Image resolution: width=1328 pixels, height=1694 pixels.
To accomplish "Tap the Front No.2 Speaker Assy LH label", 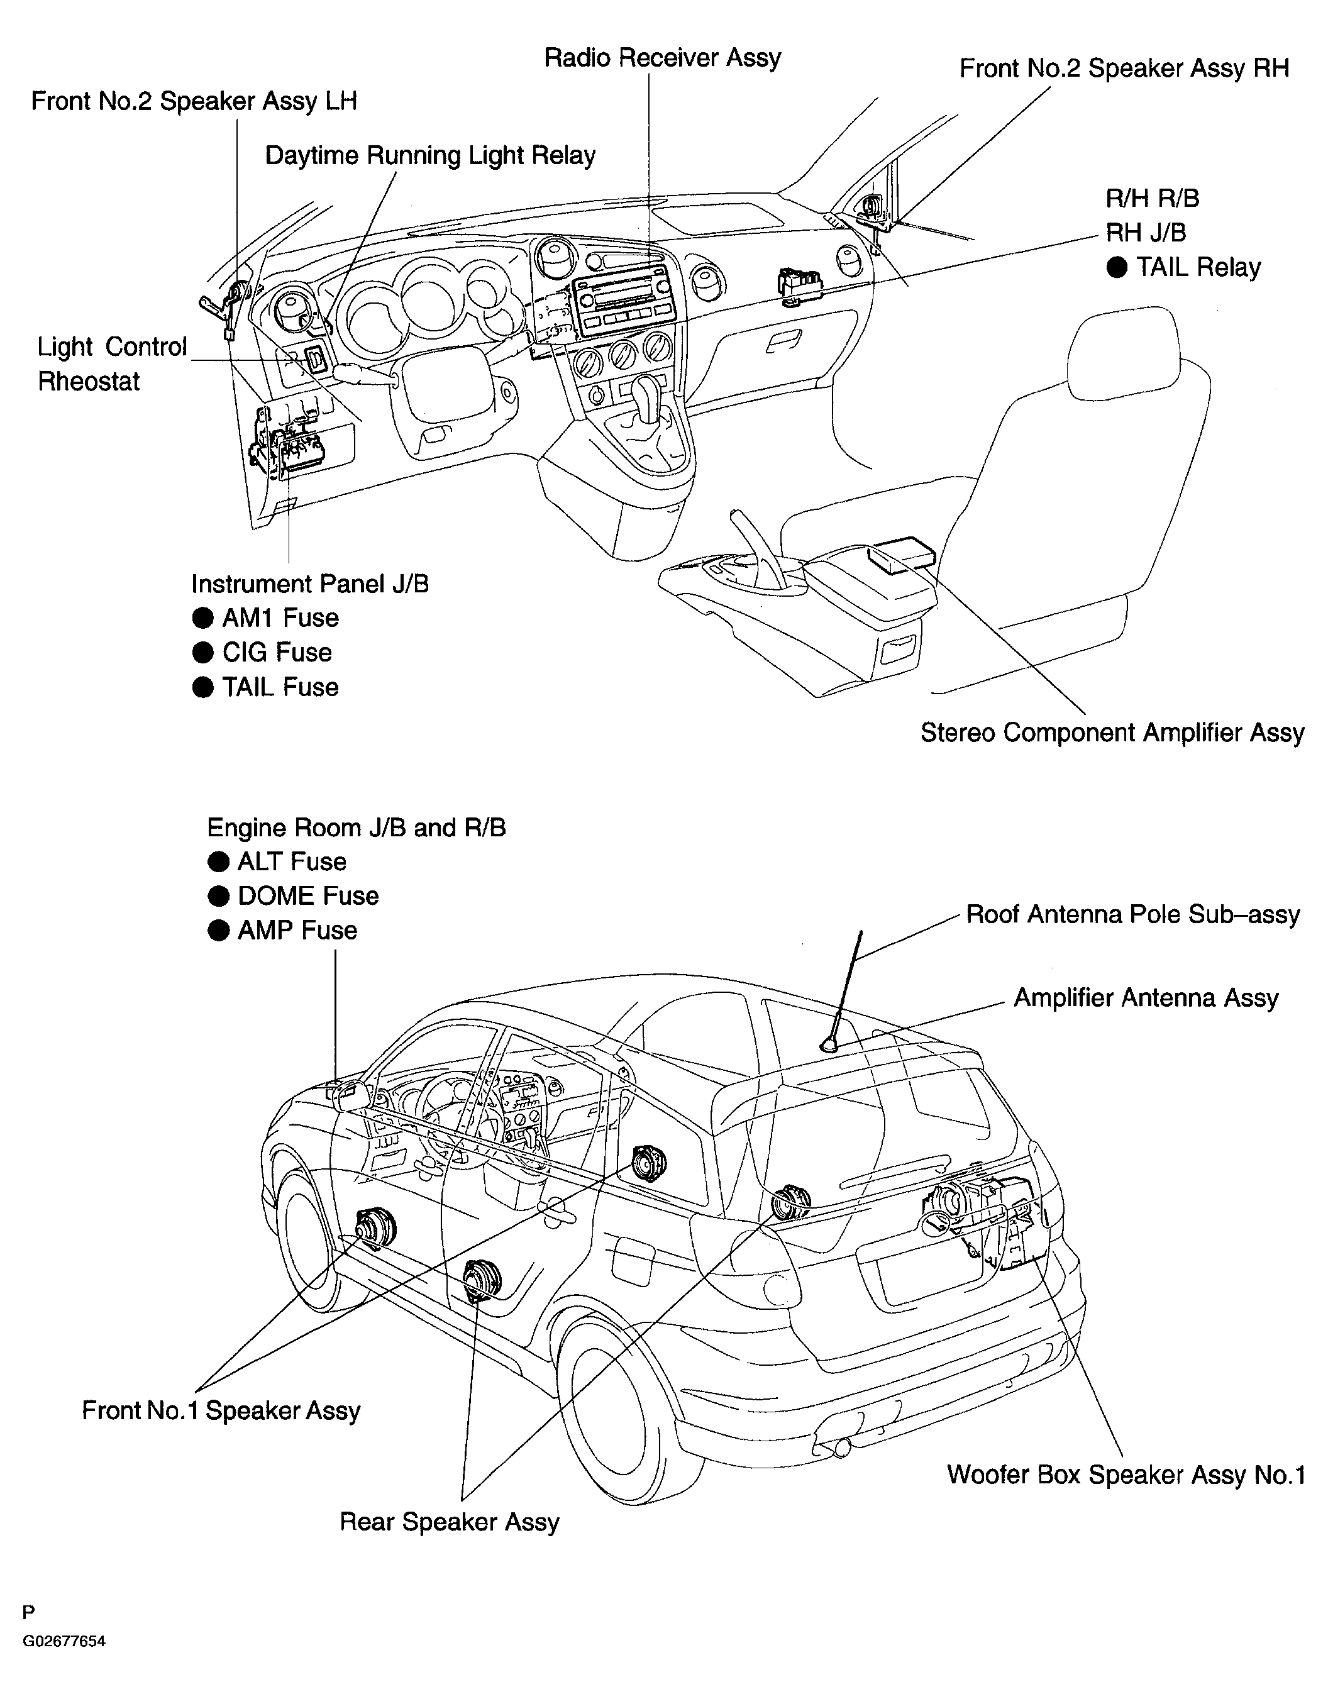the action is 194,102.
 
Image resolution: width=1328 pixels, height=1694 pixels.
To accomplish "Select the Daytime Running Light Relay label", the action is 430,155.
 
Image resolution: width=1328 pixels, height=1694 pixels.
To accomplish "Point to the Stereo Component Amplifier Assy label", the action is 1112,733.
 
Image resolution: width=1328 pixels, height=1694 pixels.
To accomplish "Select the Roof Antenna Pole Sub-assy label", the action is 1133,915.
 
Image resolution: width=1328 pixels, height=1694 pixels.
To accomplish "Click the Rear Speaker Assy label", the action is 450,1522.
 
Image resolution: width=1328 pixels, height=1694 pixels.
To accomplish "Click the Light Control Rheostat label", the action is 112,364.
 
